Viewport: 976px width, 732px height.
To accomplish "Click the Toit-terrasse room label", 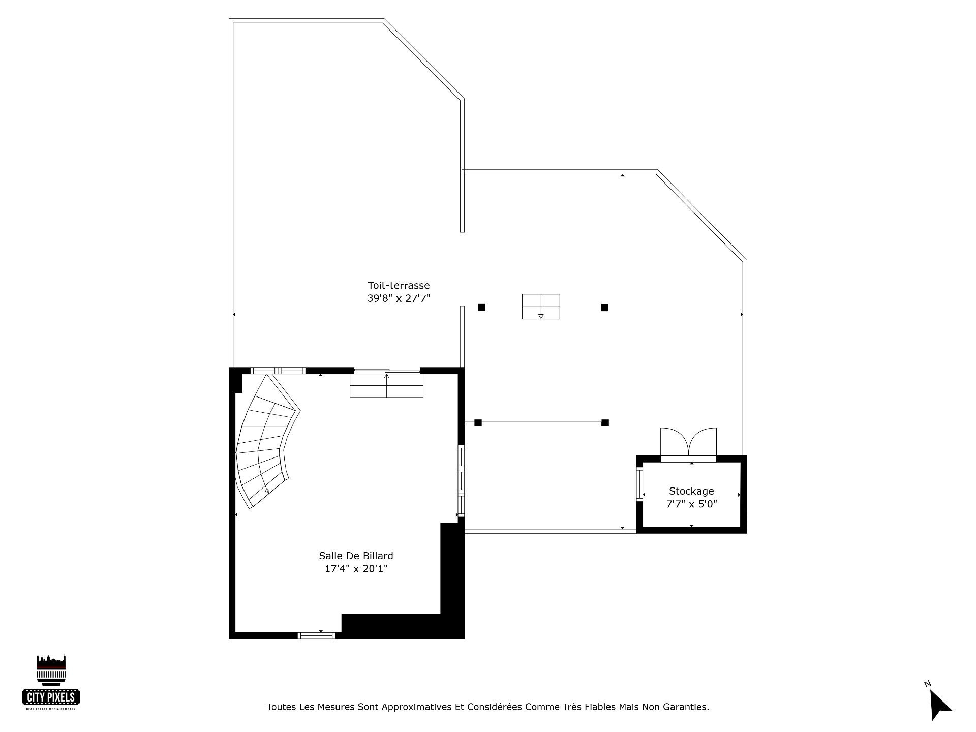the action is tap(399, 286).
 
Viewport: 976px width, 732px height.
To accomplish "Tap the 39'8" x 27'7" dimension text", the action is tap(399, 298).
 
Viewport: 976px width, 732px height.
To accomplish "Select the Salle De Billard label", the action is tap(356, 556).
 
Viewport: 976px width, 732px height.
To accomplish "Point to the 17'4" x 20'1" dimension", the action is tap(356, 568).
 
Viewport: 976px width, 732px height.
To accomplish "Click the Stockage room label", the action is tap(691, 491).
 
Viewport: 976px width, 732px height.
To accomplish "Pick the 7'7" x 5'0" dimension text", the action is tap(691, 504).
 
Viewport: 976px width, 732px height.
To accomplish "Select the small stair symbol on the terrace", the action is tap(541, 307).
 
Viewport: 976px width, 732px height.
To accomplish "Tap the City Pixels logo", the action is tap(51, 682).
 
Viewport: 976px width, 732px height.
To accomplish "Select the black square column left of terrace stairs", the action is tap(481, 307).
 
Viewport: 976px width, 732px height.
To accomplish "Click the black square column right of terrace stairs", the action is tap(605, 307).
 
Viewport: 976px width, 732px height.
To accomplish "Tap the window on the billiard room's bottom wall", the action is tap(316, 635).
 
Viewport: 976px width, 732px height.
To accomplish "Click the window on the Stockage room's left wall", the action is tap(639, 484).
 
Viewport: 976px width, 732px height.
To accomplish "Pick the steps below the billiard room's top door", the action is tap(386, 385).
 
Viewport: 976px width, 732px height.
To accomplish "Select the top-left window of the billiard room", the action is tap(279, 370).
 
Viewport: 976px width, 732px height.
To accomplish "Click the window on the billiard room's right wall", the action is tap(461, 481).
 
